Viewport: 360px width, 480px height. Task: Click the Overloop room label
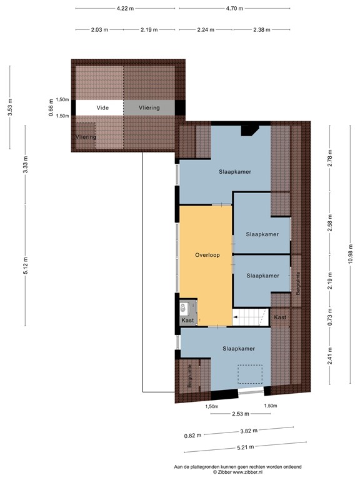pyautogui.click(x=207, y=255)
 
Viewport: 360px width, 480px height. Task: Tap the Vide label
pyautogui.click(x=102, y=107)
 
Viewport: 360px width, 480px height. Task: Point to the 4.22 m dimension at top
pyautogui.click(x=126, y=8)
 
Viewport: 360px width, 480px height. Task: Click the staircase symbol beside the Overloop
pyautogui.click(x=251, y=317)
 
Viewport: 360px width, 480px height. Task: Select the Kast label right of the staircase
pyautogui.click(x=281, y=317)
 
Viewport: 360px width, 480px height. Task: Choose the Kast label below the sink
pyautogui.click(x=187, y=321)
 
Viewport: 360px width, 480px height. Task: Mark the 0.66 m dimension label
pyautogui.click(x=51, y=107)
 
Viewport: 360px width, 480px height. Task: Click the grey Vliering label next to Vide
pyautogui.click(x=149, y=107)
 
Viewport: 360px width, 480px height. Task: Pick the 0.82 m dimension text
pyautogui.click(x=193, y=436)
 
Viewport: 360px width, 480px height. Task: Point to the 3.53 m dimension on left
pyautogui.click(x=10, y=108)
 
